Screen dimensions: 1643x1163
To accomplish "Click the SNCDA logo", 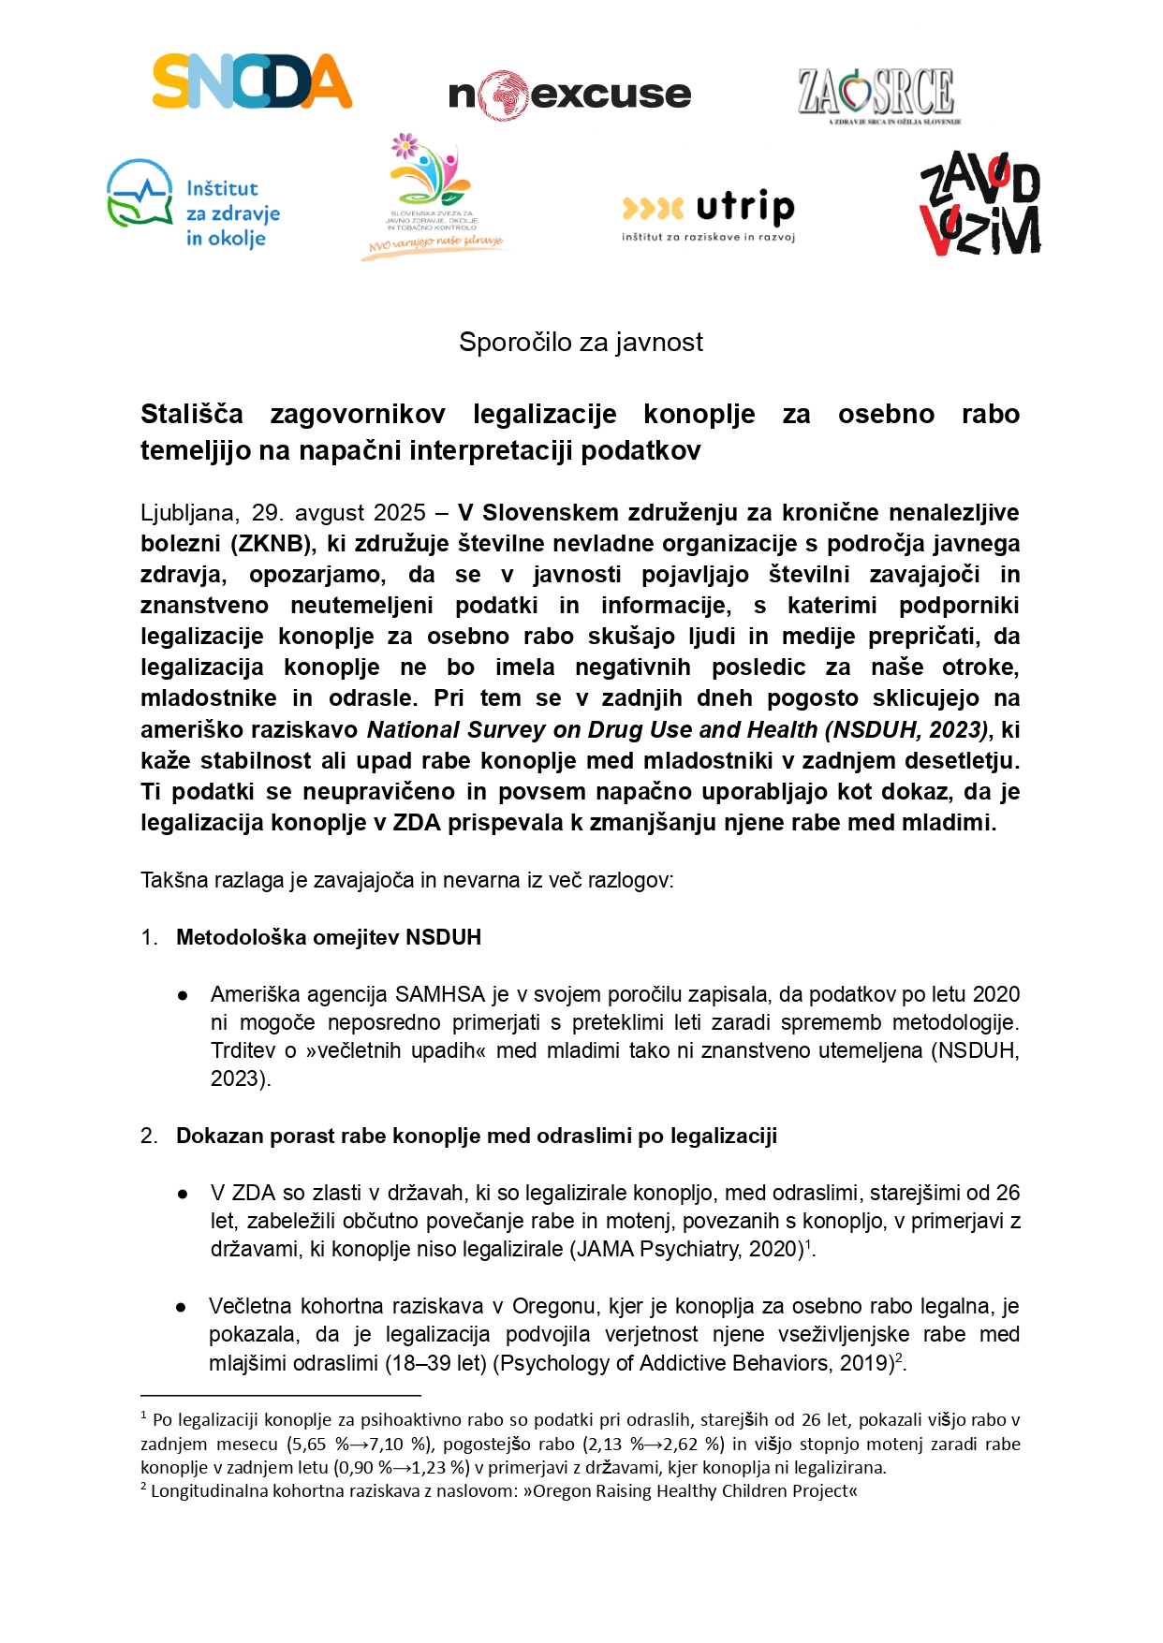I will pos(252,81).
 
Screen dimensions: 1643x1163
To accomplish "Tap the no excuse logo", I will pos(569,95).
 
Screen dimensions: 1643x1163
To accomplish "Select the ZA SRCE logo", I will pos(878,95).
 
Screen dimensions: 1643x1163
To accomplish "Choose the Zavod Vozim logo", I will pos(979,204).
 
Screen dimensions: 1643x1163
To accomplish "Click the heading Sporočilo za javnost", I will pos(581,343).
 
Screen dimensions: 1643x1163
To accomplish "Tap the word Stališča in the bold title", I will pos(192,414).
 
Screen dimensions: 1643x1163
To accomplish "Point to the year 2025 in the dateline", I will pos(400,513).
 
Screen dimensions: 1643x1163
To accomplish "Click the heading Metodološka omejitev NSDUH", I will pos(329,937).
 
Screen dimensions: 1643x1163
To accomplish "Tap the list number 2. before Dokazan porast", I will pos(149,1136).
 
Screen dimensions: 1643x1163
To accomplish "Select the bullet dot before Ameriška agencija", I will pos(183,995).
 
